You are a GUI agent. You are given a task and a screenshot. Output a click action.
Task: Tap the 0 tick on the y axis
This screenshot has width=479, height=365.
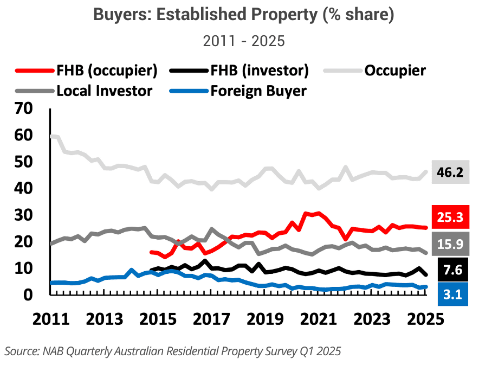pos(29,295)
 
